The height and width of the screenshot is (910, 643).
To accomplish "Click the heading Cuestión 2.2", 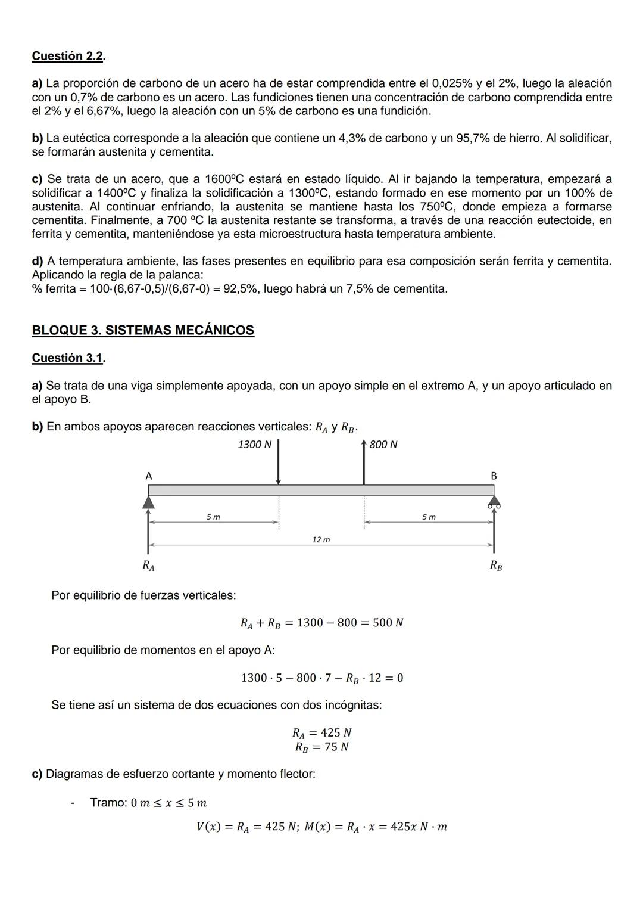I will [x=68, y=56].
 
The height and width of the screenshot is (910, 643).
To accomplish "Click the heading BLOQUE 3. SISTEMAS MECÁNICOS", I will [x=143, y=330].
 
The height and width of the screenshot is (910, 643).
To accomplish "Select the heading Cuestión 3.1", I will [x=68, y=358].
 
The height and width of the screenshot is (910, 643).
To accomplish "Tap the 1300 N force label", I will [x=254, y=445].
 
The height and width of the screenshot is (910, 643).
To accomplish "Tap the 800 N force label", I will [x=383, y=445].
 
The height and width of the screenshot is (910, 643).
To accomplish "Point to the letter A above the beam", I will [x=149, y=476].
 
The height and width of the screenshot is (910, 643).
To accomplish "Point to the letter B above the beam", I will [x=494, y=476].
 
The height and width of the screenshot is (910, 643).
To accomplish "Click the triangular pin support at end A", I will [x=148, y=502].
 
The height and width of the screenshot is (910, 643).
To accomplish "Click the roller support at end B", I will [x=494, y=502].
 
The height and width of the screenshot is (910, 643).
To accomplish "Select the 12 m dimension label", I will [x=321, y=539].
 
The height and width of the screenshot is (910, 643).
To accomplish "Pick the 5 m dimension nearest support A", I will [x=213, y=517].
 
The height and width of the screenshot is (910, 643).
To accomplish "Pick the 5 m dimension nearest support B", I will [x=429, y=517].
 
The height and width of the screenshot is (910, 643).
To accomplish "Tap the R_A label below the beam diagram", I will [x=148, y=565].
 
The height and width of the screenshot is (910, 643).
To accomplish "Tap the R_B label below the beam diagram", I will [x=495, y=565].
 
